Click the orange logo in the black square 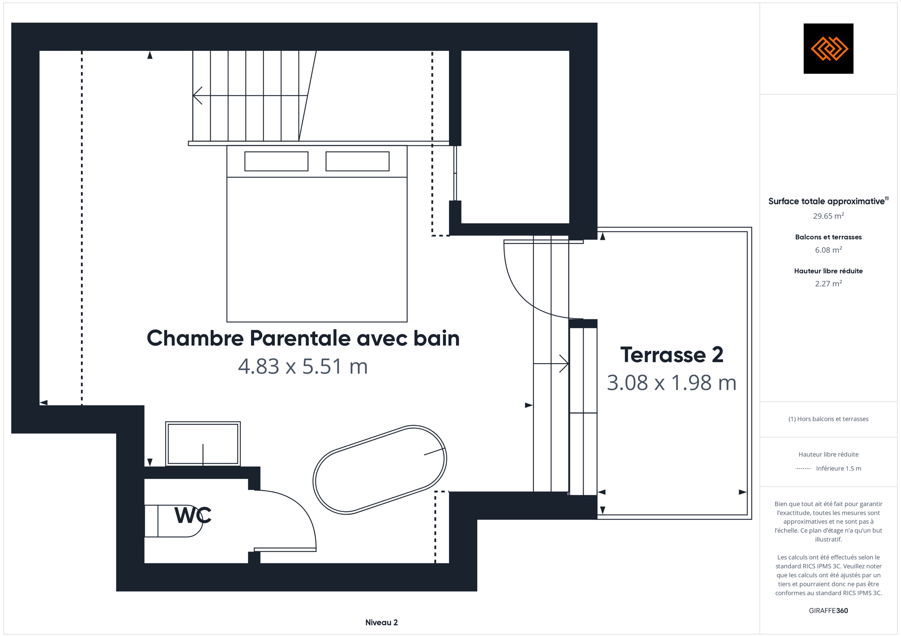829,49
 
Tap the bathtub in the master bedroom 379,470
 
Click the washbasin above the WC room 203,444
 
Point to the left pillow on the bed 276,161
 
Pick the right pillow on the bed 357,161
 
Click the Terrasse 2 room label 672,355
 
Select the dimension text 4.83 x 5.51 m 303,366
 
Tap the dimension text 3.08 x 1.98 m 672,383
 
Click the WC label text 193,515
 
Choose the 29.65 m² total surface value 828,216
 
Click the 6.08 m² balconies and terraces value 828,250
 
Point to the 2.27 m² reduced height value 828,284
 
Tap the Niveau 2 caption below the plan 382,622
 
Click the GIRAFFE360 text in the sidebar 828,610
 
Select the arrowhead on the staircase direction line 197,96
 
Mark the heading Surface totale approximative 826,201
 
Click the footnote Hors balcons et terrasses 828,419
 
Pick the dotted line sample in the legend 803,468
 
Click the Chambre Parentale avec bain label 303,338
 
